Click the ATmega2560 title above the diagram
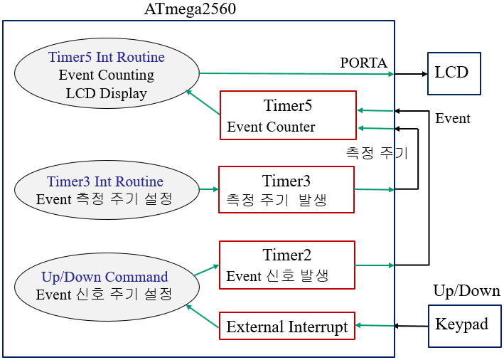pyautogui.click(x=190, y=9)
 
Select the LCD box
pyautogui.click(x=454, y=73)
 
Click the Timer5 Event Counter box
pyautogui.click(x=288, y=115)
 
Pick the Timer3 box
pyautogui.click(x=286, y=189)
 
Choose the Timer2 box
pyautogui.click(x=286, y=265)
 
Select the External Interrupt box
pyautogui.click(x=287, y=327)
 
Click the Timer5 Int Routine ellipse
pyautogui.click(x=107, y=74)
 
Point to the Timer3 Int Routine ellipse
pyautogui.click(x=104, y=191)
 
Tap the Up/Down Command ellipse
pyautogui.click(x=104, y=286)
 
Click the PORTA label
pyautogui.click(x=364, y=63)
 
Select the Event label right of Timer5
pyautogui.click(x=452, y=118)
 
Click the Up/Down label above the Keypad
pyautogui.click(x=466, y=291)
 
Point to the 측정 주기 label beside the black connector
pyautogui.click(x=377, y=152)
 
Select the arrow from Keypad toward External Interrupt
pyautogui.click(x=411, y=326)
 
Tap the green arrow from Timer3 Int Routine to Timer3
pyautogui.click(x=208, y=189)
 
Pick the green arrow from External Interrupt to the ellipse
pyautogui.click(x=202, y=316)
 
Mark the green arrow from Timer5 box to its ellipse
pyautogui.click(x=203, y=102)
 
